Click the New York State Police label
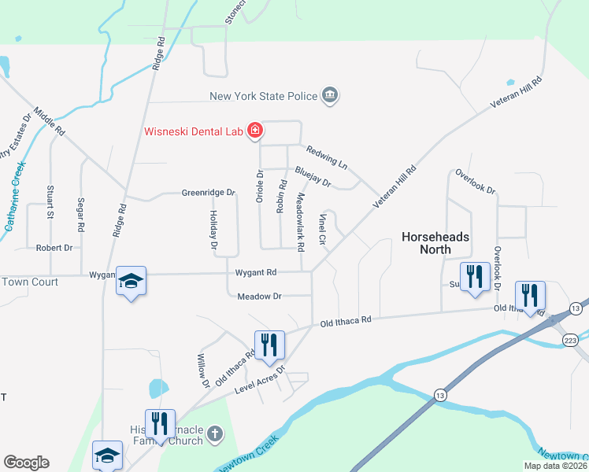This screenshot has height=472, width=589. point(263,97)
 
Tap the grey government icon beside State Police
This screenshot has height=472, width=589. point(331,96)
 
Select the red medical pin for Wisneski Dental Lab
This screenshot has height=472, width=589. point(254,131)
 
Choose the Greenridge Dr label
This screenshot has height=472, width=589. point(209,192)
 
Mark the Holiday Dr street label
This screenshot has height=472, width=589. point(213,230)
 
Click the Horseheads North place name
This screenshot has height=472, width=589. point(435,242)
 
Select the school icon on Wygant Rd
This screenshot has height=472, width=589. point(131,281)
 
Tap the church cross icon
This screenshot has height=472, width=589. point(216,433)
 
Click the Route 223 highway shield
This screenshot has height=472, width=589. point(571,339)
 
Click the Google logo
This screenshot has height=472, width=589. point(26,463)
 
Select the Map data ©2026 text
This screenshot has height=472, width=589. point(555,466)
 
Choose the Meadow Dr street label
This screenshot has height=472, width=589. point(260,296)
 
